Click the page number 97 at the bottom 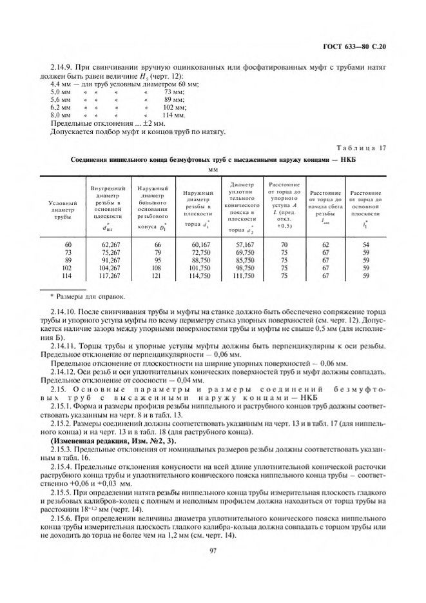212,550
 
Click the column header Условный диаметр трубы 62,210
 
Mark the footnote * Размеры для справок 79,297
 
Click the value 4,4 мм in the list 61,84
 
